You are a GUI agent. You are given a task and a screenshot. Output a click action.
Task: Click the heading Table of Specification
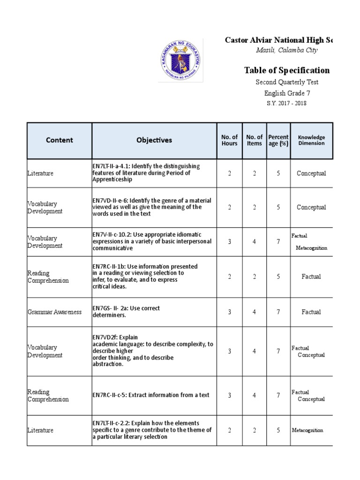tap(286, 70)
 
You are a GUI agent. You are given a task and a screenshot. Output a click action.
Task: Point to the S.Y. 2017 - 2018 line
tap(287, 103)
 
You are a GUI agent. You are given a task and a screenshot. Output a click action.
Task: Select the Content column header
tap(60, 140)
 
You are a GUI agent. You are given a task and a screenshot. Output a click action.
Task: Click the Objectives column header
tap(154, 140)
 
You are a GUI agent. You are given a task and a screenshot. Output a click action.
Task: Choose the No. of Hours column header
tap(229, 140)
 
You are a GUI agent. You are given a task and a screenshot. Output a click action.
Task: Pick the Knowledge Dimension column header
tap(311, 140)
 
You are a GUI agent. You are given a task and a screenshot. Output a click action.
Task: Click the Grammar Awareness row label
tap(54, 312)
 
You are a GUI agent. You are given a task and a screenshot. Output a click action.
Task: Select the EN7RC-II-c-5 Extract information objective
tap(151, 395)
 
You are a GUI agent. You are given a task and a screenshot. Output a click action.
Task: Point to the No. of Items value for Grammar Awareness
tap(254, 312)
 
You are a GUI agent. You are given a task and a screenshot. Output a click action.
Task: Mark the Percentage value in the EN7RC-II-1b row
tap(278, 277)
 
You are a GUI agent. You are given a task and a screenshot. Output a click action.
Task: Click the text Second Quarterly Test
tap(287, 82)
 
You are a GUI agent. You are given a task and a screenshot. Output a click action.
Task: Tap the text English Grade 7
tap(287, 93)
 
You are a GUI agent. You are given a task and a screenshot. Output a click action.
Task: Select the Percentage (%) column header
tap(278, 140)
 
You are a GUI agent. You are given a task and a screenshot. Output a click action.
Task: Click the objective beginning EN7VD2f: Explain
tap(153, 351)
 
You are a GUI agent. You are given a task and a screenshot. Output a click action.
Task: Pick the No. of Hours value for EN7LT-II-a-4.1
tap(229, 173)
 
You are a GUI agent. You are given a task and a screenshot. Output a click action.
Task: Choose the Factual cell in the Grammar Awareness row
tap(311, 312)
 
